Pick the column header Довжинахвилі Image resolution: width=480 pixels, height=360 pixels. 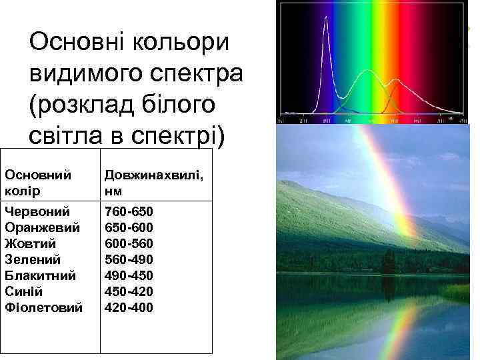pos(154,175)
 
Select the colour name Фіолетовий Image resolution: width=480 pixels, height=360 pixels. pos(43,308)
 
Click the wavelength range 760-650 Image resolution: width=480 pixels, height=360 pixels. pos(129,212)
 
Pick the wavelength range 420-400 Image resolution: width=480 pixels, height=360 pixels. pos(129,308)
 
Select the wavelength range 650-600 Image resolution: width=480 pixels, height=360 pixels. pos(129,228)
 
